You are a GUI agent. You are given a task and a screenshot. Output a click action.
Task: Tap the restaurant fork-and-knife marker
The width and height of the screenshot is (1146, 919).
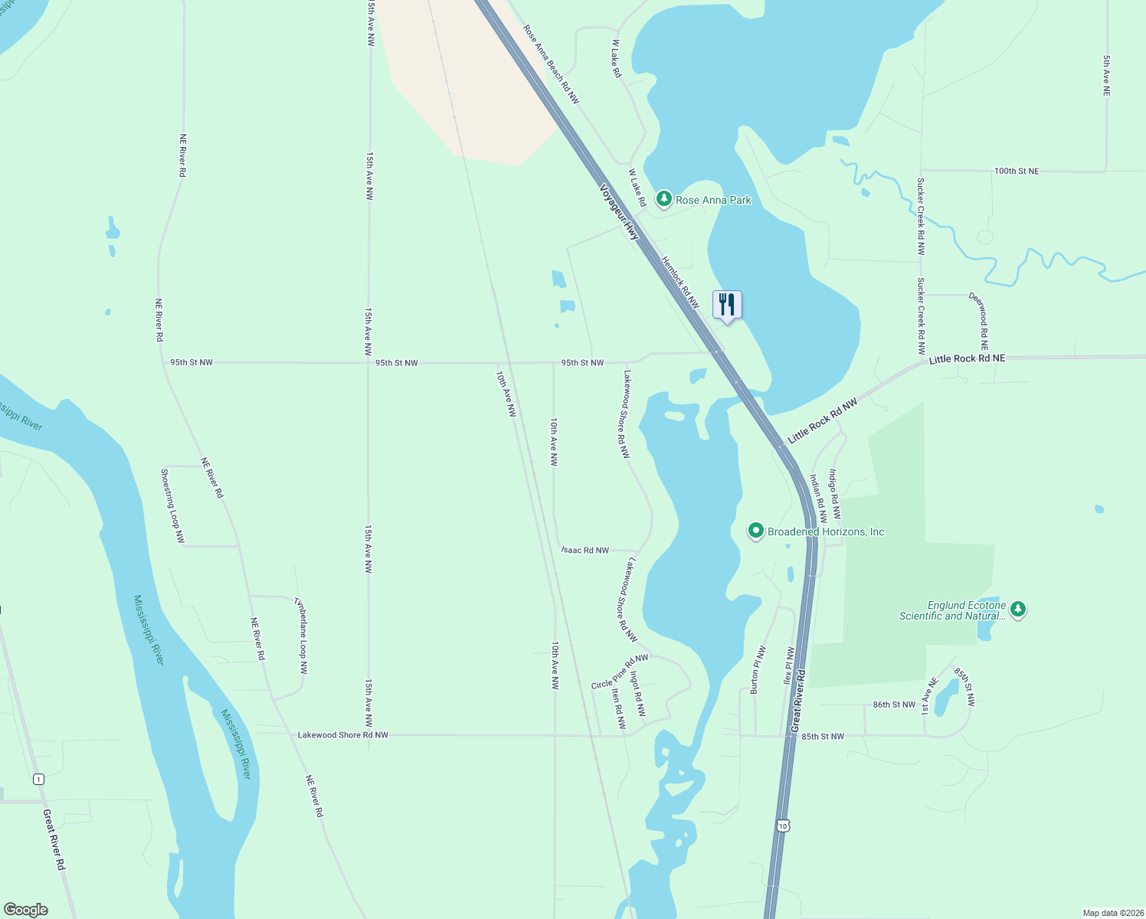pyautogui.click(x=727, y=305)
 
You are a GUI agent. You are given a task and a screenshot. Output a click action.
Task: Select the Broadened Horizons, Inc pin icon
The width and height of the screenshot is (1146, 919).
pyautogui.click(x=756, y=531)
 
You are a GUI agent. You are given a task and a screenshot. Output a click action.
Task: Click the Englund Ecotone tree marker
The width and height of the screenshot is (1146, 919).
pyautogui.click(x=1017, y=610)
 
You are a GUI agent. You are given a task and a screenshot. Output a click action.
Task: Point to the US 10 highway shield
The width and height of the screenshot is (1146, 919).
pyautogui.click(x=781, y=825)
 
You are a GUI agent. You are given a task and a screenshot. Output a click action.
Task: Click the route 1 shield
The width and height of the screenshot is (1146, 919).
pyautogui.click(x=38, y=779)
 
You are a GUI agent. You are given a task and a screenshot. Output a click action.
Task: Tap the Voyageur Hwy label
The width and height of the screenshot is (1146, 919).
pyautogui.click(x=619, y=212)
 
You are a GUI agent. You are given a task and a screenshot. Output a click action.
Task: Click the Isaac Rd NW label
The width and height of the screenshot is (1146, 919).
pyautogui.click(x=585, y=550)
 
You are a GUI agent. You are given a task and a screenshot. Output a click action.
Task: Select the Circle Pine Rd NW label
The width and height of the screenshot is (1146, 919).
pyautogui.click(x=619, y=672)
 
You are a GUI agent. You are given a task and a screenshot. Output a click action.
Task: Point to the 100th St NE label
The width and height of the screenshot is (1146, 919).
pyautogui.click(x=1017, y=171)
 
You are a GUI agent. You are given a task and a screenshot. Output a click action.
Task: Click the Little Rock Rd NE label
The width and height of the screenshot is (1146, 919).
pyautogui.click(x=967, y=358)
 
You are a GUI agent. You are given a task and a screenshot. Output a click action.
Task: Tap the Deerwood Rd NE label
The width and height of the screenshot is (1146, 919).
pyautogui.click(x=980, y=321)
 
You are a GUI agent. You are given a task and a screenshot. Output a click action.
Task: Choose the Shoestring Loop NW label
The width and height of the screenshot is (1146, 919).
pyautogui.click(x=172, y=506)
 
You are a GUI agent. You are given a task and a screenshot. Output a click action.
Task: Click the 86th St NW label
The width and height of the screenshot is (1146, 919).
pyautogui.click(x=894, y=705)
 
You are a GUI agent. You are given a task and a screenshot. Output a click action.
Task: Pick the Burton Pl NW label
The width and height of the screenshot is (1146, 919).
pyautogui.click(x=758, y=670)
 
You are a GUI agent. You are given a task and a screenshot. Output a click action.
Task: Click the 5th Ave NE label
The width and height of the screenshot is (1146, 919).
pyautogui.click(x=1106, y=75)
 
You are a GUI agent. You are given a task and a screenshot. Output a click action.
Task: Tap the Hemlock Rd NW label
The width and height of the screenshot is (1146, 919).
pyautogui.click(x=680, y=283)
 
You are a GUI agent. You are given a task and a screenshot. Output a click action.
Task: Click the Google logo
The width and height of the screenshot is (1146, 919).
pyautogui.click(x=25, y=910)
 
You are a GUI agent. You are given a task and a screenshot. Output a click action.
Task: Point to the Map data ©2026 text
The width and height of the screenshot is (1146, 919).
pyautogui.click(x=1112, y=913)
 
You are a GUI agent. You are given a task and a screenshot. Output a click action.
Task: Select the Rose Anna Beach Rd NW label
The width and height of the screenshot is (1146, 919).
pyautogui.click(x=551, y=64)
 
